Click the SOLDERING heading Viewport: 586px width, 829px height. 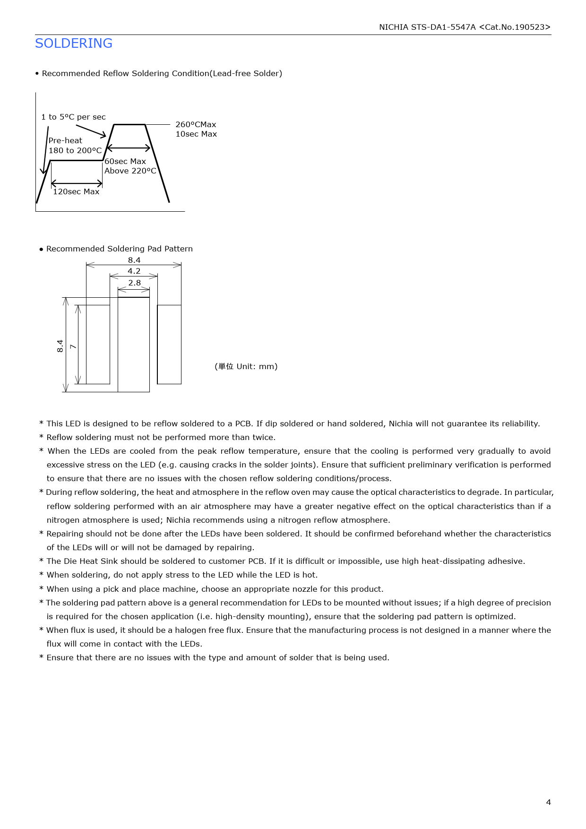click(x=74, y=43)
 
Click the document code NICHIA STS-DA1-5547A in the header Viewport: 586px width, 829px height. click(x=427, y=27)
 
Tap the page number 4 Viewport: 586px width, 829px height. click(x=548, y=802)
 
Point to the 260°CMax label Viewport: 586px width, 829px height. click(x=196, y=124)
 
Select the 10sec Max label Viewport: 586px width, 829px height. click(x=196, y=134)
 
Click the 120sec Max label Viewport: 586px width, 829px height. click(x=76, y=191)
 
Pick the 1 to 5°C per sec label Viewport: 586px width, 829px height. click(x=73, y=117)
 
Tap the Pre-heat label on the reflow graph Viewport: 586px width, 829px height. click(x=65, y=140)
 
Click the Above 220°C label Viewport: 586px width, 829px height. click(x=130, y=171)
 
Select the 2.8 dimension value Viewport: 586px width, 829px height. click(x=134, y=283)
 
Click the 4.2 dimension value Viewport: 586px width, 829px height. click(x=134, y=271)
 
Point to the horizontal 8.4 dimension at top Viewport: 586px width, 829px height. click(x=134, y=260)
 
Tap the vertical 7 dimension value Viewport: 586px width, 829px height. click(x=73, y=346)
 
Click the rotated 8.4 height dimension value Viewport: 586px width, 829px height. click(x=60, y=346)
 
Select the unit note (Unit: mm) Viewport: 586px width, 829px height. click(x=246, y=366)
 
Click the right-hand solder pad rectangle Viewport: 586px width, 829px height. click(x=169, y=344)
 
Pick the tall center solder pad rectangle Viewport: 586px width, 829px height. click(x=134, y=344)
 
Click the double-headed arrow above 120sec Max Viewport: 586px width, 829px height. click(x=77, y=183)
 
